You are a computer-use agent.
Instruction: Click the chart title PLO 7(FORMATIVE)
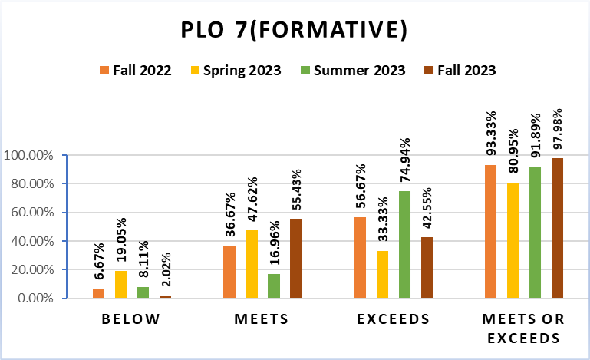coord(294,30)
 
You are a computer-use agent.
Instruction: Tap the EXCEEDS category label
coord(394,319)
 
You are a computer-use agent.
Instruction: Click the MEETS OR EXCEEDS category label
coord(525,329)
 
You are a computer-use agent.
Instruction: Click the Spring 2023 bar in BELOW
coord(120,284)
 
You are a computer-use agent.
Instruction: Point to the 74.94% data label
coord(405,162)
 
